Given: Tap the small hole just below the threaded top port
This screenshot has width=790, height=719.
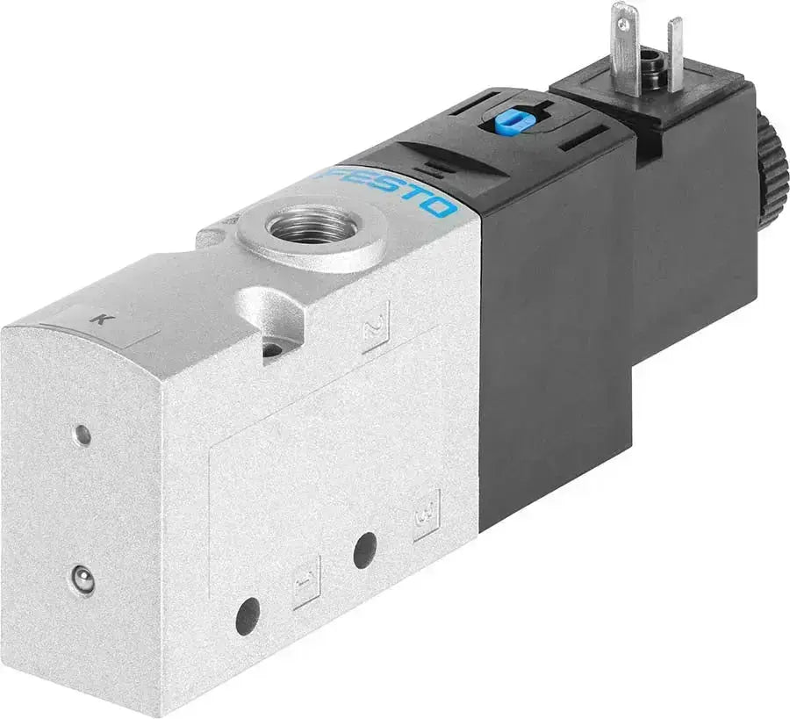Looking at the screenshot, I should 272,349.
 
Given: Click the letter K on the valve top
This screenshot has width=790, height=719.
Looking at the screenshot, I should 103,320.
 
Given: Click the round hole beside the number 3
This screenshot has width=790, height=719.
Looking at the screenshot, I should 365,550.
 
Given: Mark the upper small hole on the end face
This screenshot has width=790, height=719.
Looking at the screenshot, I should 82,433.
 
